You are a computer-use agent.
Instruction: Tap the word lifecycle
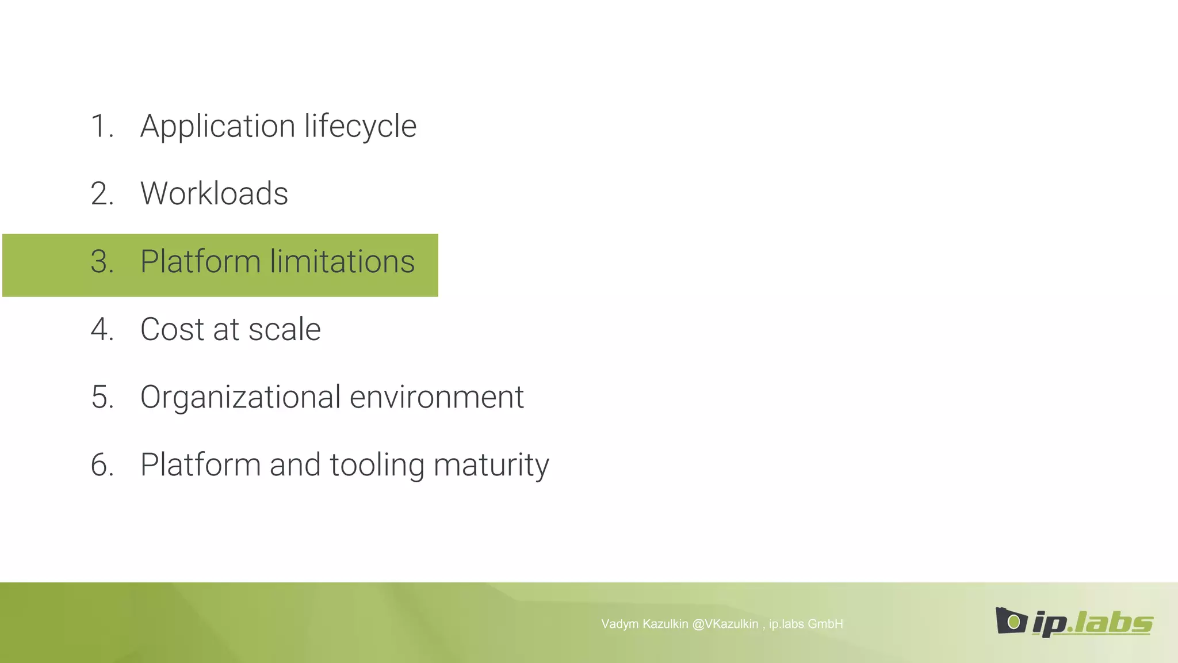coord(360,127)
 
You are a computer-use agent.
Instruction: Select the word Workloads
coord(214,193)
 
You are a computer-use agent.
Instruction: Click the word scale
coord(284,329)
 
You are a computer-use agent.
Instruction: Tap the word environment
coord(437,397)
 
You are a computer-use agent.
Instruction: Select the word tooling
coord(377,465)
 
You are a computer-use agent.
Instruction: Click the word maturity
coord(491,465)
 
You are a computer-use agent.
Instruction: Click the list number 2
coord(101,193)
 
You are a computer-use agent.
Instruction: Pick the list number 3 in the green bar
coord(101,262)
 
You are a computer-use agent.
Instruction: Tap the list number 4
coord(101,329)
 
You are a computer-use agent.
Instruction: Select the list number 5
coord(101,397)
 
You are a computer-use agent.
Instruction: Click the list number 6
coord(101,465)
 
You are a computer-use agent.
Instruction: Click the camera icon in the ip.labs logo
coord(1011,621)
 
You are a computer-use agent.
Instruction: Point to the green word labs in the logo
coord(1113,623)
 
